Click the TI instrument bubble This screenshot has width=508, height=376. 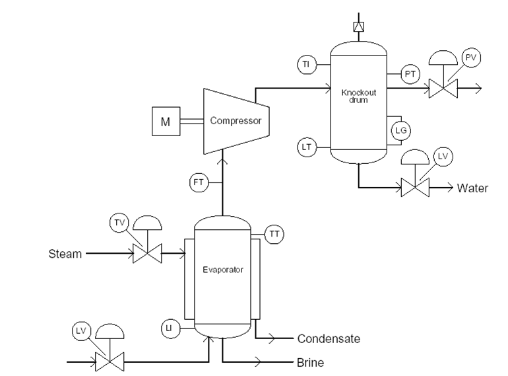pyautogui.click(x=306, y=65)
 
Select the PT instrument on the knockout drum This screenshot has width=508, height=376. pyautogui.click(x=410, y=74)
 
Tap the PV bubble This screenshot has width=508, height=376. pyautogui.click(x=471, y=57)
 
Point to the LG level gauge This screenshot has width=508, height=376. pyautogui.click(x=400, y=130)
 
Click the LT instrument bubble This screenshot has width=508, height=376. pyautogui.click(x=306, y=147)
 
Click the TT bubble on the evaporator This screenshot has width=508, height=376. pyautogui.click(x=274, y=233)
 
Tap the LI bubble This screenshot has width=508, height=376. pyautogui.click(x=170, y=327)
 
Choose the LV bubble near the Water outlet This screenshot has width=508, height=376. pyautogui.click(x=443, y=157)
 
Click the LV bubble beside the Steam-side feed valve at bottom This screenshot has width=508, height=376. pyautogui.click(x=80, y=329)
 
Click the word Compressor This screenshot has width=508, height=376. pyautogui.click(x=236, y=121)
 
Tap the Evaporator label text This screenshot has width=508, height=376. pyautogui.click(x=222, y=270)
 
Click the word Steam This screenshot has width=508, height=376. pyautogui.click(x=65, y=253)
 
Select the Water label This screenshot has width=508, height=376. pyautogui.click(x=472, y=188)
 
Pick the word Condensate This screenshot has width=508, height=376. pyautogui.click(x=329, y=339)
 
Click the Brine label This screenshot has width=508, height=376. pyautogui.click(x=311, y=363)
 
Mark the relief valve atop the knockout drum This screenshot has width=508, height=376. pyautogui.click(x=358, y=27)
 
